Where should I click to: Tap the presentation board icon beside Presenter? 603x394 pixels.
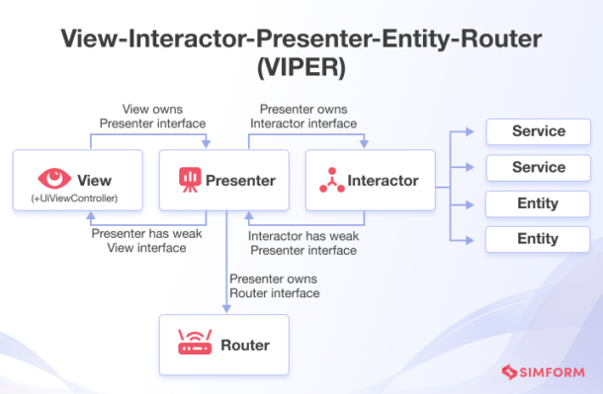click(190, 180)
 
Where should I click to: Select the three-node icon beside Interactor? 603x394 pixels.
click(332, 180)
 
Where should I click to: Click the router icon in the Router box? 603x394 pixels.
click(194, 345)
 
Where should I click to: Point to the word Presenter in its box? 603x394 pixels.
click(240, 181)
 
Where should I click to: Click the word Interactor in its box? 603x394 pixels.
click(385, 181)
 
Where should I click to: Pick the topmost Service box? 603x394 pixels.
click(539, 131)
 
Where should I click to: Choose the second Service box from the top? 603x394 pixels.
click(539, 168)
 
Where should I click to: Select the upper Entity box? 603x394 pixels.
click(539, 203)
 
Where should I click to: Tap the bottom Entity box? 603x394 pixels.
click(539, 239)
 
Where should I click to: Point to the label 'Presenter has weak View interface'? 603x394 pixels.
click(137, 241)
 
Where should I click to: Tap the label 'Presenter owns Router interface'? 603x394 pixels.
click(274, 286)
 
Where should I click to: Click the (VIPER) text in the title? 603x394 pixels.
click(301, 71)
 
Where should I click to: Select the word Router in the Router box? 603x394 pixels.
click(245, 346)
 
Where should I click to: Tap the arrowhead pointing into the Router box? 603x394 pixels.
click(226, 310)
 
